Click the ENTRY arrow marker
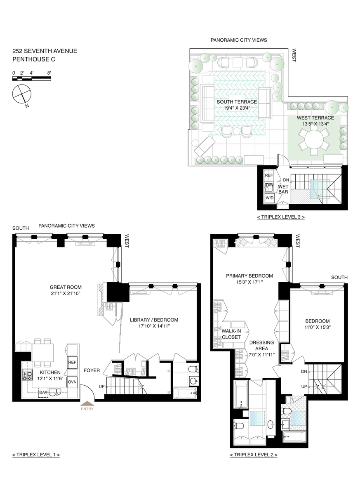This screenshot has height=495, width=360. tap(87, 403)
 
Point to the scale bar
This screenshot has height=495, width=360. tap(32, 78)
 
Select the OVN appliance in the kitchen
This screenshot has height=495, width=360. tap(72, 382)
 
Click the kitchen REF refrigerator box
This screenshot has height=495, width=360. tap(72, 363)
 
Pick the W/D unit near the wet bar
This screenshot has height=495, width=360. tap(269, 198)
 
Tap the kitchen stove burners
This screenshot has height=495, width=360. tap(27, 376)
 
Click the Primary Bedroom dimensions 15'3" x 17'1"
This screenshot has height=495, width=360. tap(249, 282)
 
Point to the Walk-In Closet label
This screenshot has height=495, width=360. tap(231, 334)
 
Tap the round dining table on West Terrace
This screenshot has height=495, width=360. tap(314, 140)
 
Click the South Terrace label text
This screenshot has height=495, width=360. tap(237, 102)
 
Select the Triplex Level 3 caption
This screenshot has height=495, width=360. tap(281, 217)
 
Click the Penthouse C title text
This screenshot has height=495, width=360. tap(34, 59)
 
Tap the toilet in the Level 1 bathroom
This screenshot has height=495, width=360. tap(194, 369)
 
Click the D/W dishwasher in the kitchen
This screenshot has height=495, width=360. tap(43, 392)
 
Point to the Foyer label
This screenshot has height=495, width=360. tap(92, 370)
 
